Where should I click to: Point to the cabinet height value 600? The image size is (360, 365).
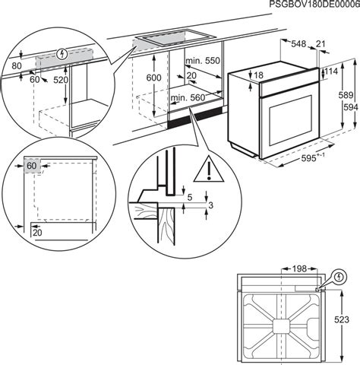[x=153, y=78]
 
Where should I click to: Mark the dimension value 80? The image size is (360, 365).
[x=17, y=66]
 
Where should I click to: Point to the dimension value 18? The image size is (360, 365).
[x=259, y=75]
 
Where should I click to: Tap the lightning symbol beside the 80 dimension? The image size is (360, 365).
[x=60, y=54]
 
